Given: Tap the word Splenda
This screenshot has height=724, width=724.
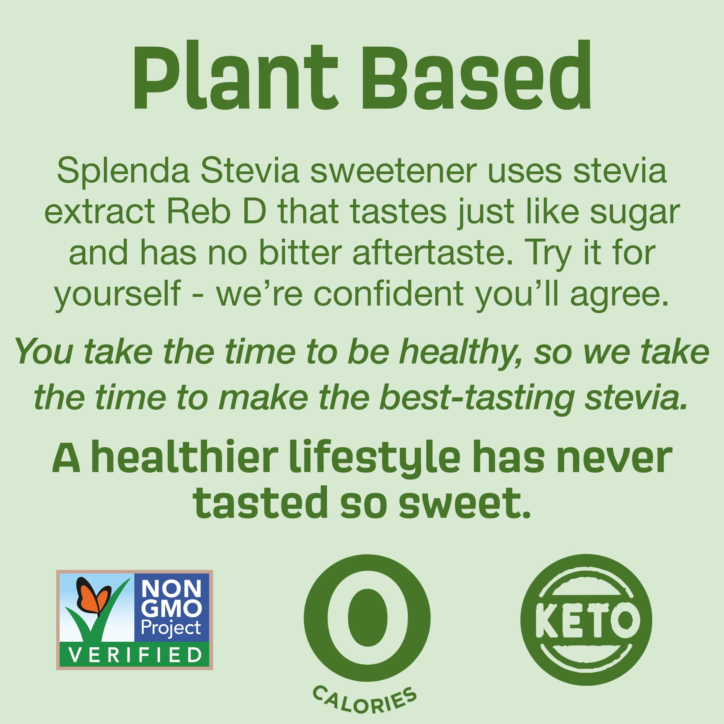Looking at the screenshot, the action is pyautogui.click(x=123, y=171).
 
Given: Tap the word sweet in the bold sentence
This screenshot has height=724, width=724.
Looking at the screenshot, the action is pyautogui.click(x=464, y=504).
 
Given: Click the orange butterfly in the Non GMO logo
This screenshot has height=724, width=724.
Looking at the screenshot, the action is pyautogui.click(x=93, y=597).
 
